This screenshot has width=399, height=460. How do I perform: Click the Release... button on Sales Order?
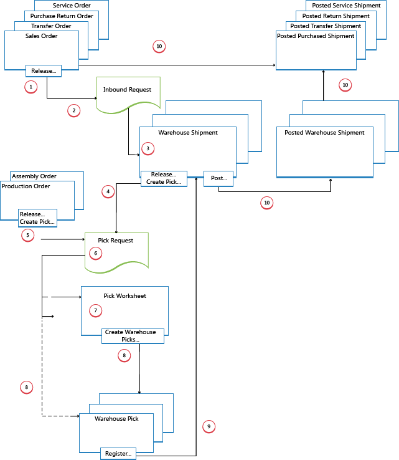43,71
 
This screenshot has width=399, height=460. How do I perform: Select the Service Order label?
72,6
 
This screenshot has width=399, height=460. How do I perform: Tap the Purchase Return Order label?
61,16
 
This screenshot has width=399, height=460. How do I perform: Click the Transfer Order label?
51,26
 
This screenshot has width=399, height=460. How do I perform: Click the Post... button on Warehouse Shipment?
218,178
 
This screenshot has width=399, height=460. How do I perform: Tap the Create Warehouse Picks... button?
133,336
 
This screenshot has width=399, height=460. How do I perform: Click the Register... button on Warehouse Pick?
118,454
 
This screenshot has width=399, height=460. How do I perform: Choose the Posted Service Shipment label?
346,6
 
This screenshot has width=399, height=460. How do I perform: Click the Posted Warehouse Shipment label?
324,133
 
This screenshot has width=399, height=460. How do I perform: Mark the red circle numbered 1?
31,87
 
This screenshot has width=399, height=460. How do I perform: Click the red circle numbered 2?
73,110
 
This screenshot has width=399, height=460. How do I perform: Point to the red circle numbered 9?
209,426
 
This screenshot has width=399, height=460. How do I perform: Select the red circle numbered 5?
27,235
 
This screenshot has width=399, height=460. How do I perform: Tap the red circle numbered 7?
95,310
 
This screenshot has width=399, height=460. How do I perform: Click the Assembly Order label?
34,176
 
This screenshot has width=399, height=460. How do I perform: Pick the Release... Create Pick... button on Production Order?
37,218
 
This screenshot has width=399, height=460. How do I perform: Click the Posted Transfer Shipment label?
326,26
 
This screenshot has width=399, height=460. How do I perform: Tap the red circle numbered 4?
108,191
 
